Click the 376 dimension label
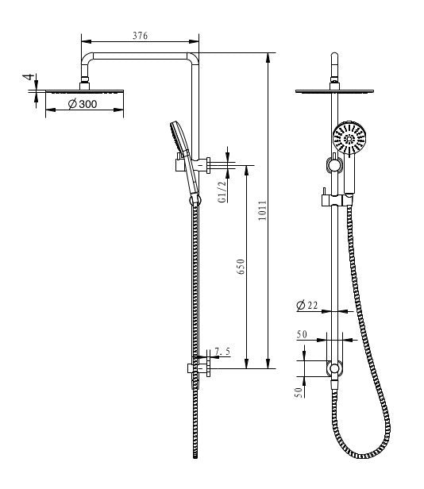(x=141, y=37)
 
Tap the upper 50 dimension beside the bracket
(x=303, y=335)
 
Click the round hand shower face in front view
(x=350, y=141)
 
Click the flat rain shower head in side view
(x=81, y=91)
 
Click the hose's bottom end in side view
(x=194, y=456)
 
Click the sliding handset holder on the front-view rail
(x=337, y=165)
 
